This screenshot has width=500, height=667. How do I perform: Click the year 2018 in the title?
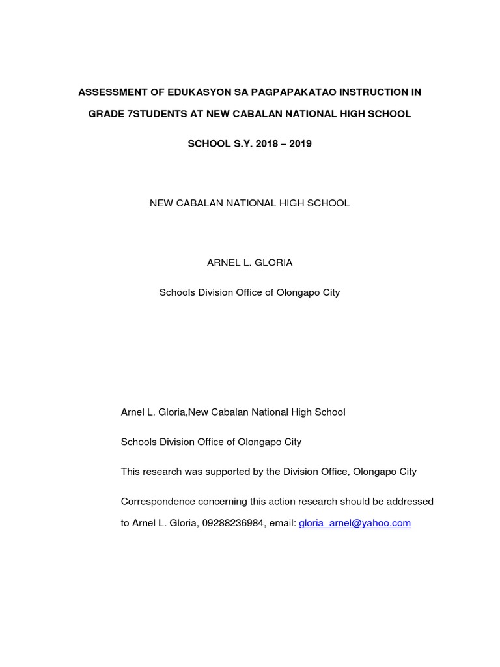(267, 144)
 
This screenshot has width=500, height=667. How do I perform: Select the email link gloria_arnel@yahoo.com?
(355, 523)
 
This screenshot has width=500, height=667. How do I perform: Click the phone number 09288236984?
(233, 523)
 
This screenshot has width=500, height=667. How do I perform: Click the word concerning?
(218, 502)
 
